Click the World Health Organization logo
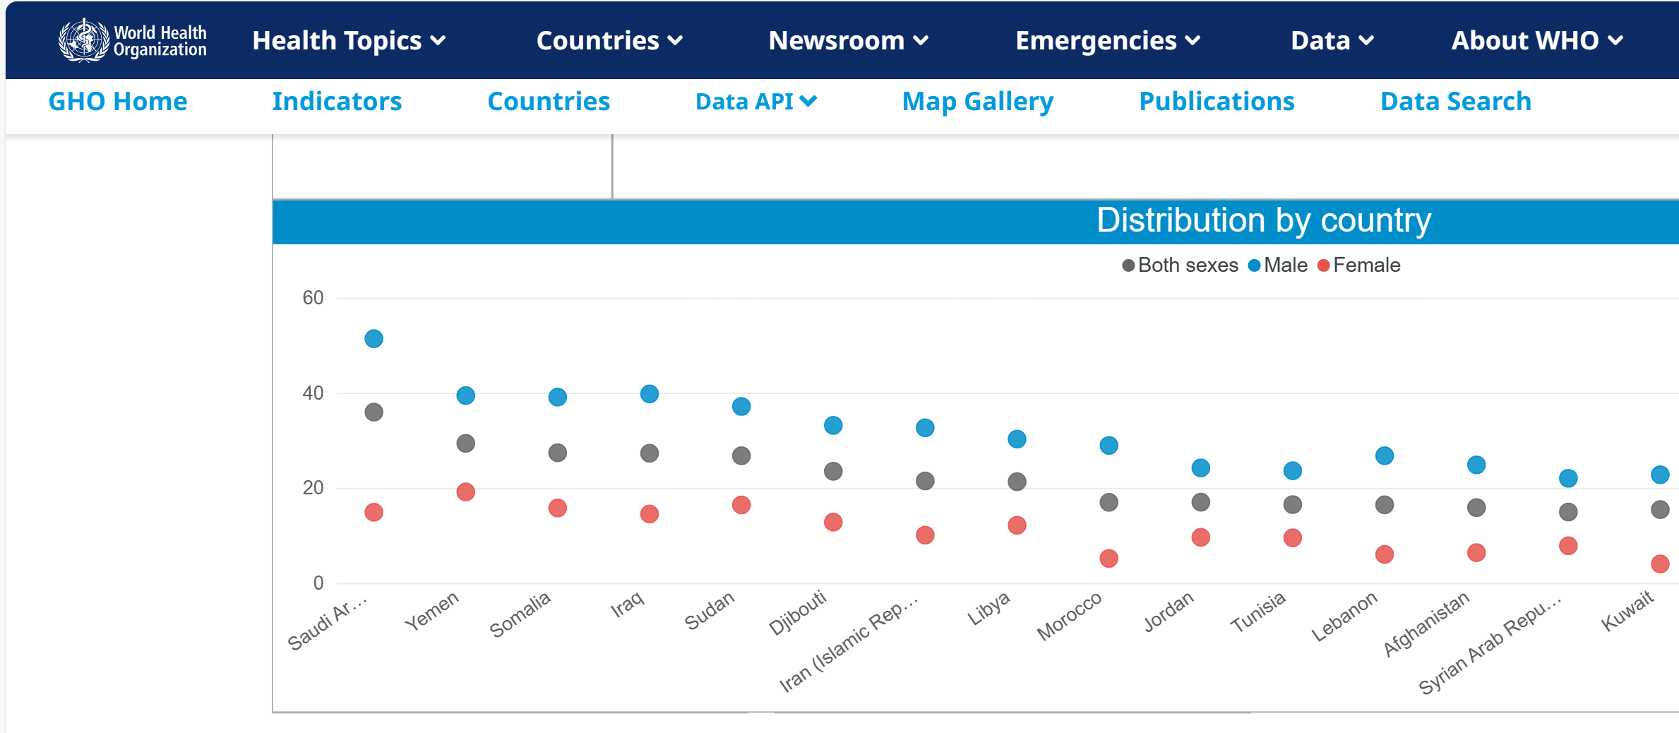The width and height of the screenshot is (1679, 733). click(133, 40)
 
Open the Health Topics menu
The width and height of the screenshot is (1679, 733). click(349, 41)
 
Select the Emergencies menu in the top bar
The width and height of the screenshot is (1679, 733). click(1107, 41)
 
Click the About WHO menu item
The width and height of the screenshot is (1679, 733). click(1536, 41)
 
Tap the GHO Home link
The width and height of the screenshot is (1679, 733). click(118, 102)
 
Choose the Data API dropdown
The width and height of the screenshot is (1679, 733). click(755, 102)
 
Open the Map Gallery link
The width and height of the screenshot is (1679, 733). click(977, 102)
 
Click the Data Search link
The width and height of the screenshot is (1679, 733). click(1455, 102)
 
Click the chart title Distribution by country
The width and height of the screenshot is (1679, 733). click(1263, 220)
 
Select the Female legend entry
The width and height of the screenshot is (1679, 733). click(1359, 266)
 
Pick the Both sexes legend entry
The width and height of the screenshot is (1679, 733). click(1181, 266)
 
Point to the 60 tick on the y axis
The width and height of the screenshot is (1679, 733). click(313, 298)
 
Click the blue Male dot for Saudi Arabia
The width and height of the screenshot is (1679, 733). click(374, 339)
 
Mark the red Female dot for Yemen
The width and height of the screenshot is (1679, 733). click(465, 491)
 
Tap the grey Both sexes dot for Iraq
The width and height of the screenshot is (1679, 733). click(649, 453)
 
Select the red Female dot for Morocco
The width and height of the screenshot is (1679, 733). click(1109, 559)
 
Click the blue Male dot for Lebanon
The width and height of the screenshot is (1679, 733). click(1384, 456)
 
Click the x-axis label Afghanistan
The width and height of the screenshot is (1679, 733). click(1426, 624)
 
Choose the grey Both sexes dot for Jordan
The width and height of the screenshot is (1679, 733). click(1200, 502)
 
